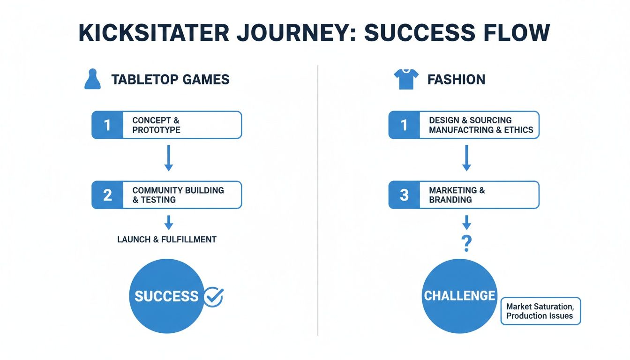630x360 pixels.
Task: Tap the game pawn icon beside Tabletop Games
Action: pyautogui.click(x=92, y=79)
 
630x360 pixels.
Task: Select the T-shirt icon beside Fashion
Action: pyautogui.click(x=405, y=79)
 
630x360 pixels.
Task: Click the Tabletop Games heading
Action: pyautogui.click(x=170, y=80)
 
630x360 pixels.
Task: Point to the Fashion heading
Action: pyautogui.click(x=456, y=80)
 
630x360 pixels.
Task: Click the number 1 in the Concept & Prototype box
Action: pyautogui.click(x=107, y=125)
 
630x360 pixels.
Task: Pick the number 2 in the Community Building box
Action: pyautogui.click(x=107, y=195)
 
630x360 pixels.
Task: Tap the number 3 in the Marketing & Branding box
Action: pyautogui.click(x=404, y=195)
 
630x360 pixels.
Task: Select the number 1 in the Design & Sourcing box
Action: pyautogui.click(x=404, y=125)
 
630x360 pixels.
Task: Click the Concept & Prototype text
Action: pyautogui.click(x=156, y=125)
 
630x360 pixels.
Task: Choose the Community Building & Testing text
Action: pyautogui.click(x=178, y=195)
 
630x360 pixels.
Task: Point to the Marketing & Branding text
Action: pyautogui.click(x=457, y=195)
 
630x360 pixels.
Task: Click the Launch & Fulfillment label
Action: pyautogui.click(x=167, y=240)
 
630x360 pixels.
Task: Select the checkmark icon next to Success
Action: pyautogui.click(x=214, y=296)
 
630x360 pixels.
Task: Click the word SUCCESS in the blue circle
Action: pyautogui.click(x=166, y=296)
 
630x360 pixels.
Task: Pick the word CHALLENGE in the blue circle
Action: pyautogui.click(x=459, y=296)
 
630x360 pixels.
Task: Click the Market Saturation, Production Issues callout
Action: pyautogui.click(x=540, y=311)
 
